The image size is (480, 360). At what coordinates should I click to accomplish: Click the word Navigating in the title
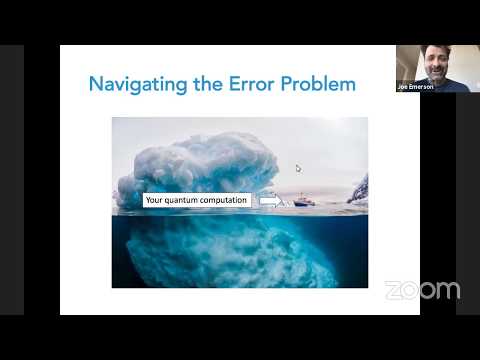tap(132, 84)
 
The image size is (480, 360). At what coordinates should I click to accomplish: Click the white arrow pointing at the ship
tap(269, 201)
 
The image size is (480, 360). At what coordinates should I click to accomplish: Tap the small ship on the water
tap(302, 200)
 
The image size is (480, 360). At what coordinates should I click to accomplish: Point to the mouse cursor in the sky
tap(298, 168)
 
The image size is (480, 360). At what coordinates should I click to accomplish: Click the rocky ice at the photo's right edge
tap(358, 190)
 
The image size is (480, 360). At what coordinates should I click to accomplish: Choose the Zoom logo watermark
tap(422, 290)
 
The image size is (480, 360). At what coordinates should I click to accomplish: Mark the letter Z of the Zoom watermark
tap(392, 290)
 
